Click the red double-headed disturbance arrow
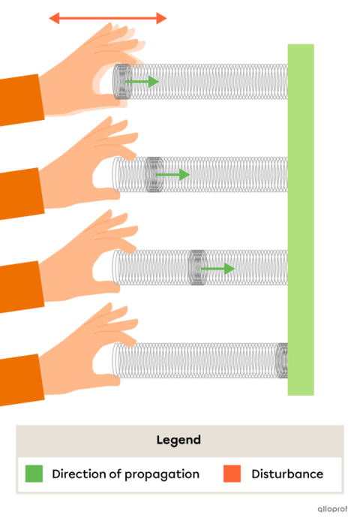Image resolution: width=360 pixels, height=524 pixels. [108, 18]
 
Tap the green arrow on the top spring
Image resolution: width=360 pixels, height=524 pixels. [142, 82]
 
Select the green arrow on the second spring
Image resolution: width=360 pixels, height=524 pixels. [173, 174]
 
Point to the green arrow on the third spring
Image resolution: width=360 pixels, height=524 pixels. [217, 268]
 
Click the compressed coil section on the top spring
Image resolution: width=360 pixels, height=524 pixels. [122, 82]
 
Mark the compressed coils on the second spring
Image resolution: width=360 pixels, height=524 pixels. [154, 174]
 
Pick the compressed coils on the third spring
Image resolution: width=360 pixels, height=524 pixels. [198, 268]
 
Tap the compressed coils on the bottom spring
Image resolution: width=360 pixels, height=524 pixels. [282, 360]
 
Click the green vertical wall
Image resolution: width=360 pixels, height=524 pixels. [301, 219]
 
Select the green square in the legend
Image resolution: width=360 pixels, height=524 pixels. [34, 474]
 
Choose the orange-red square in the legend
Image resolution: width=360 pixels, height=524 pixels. [232, 474]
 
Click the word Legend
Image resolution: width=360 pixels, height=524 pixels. [178, 440]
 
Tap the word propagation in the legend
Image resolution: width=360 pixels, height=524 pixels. [162, 474]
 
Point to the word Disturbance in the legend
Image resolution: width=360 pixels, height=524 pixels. [287, 474]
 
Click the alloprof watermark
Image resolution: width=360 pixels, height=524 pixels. [332, 509]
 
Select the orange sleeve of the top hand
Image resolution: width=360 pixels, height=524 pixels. [21, 100]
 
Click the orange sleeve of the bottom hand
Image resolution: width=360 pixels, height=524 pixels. [21, 380]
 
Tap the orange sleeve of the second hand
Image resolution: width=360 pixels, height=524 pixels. [21, 193]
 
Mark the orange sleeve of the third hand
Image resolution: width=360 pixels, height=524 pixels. [21, 286]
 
